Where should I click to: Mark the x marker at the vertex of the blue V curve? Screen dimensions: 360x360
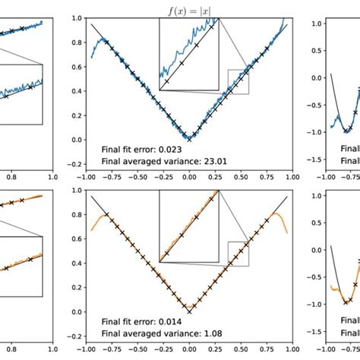click(x=190, y=138)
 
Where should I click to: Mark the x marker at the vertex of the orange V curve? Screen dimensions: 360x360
click(x=190, y=311)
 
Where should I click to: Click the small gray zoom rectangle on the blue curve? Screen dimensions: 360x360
click(x=238, y=82)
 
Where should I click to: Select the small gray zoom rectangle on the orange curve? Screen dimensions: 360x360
click(x=238, y=254)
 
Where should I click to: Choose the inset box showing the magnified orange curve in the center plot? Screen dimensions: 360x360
click(x=188, y=226)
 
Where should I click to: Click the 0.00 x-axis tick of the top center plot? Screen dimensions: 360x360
click(x=190, y=177)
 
